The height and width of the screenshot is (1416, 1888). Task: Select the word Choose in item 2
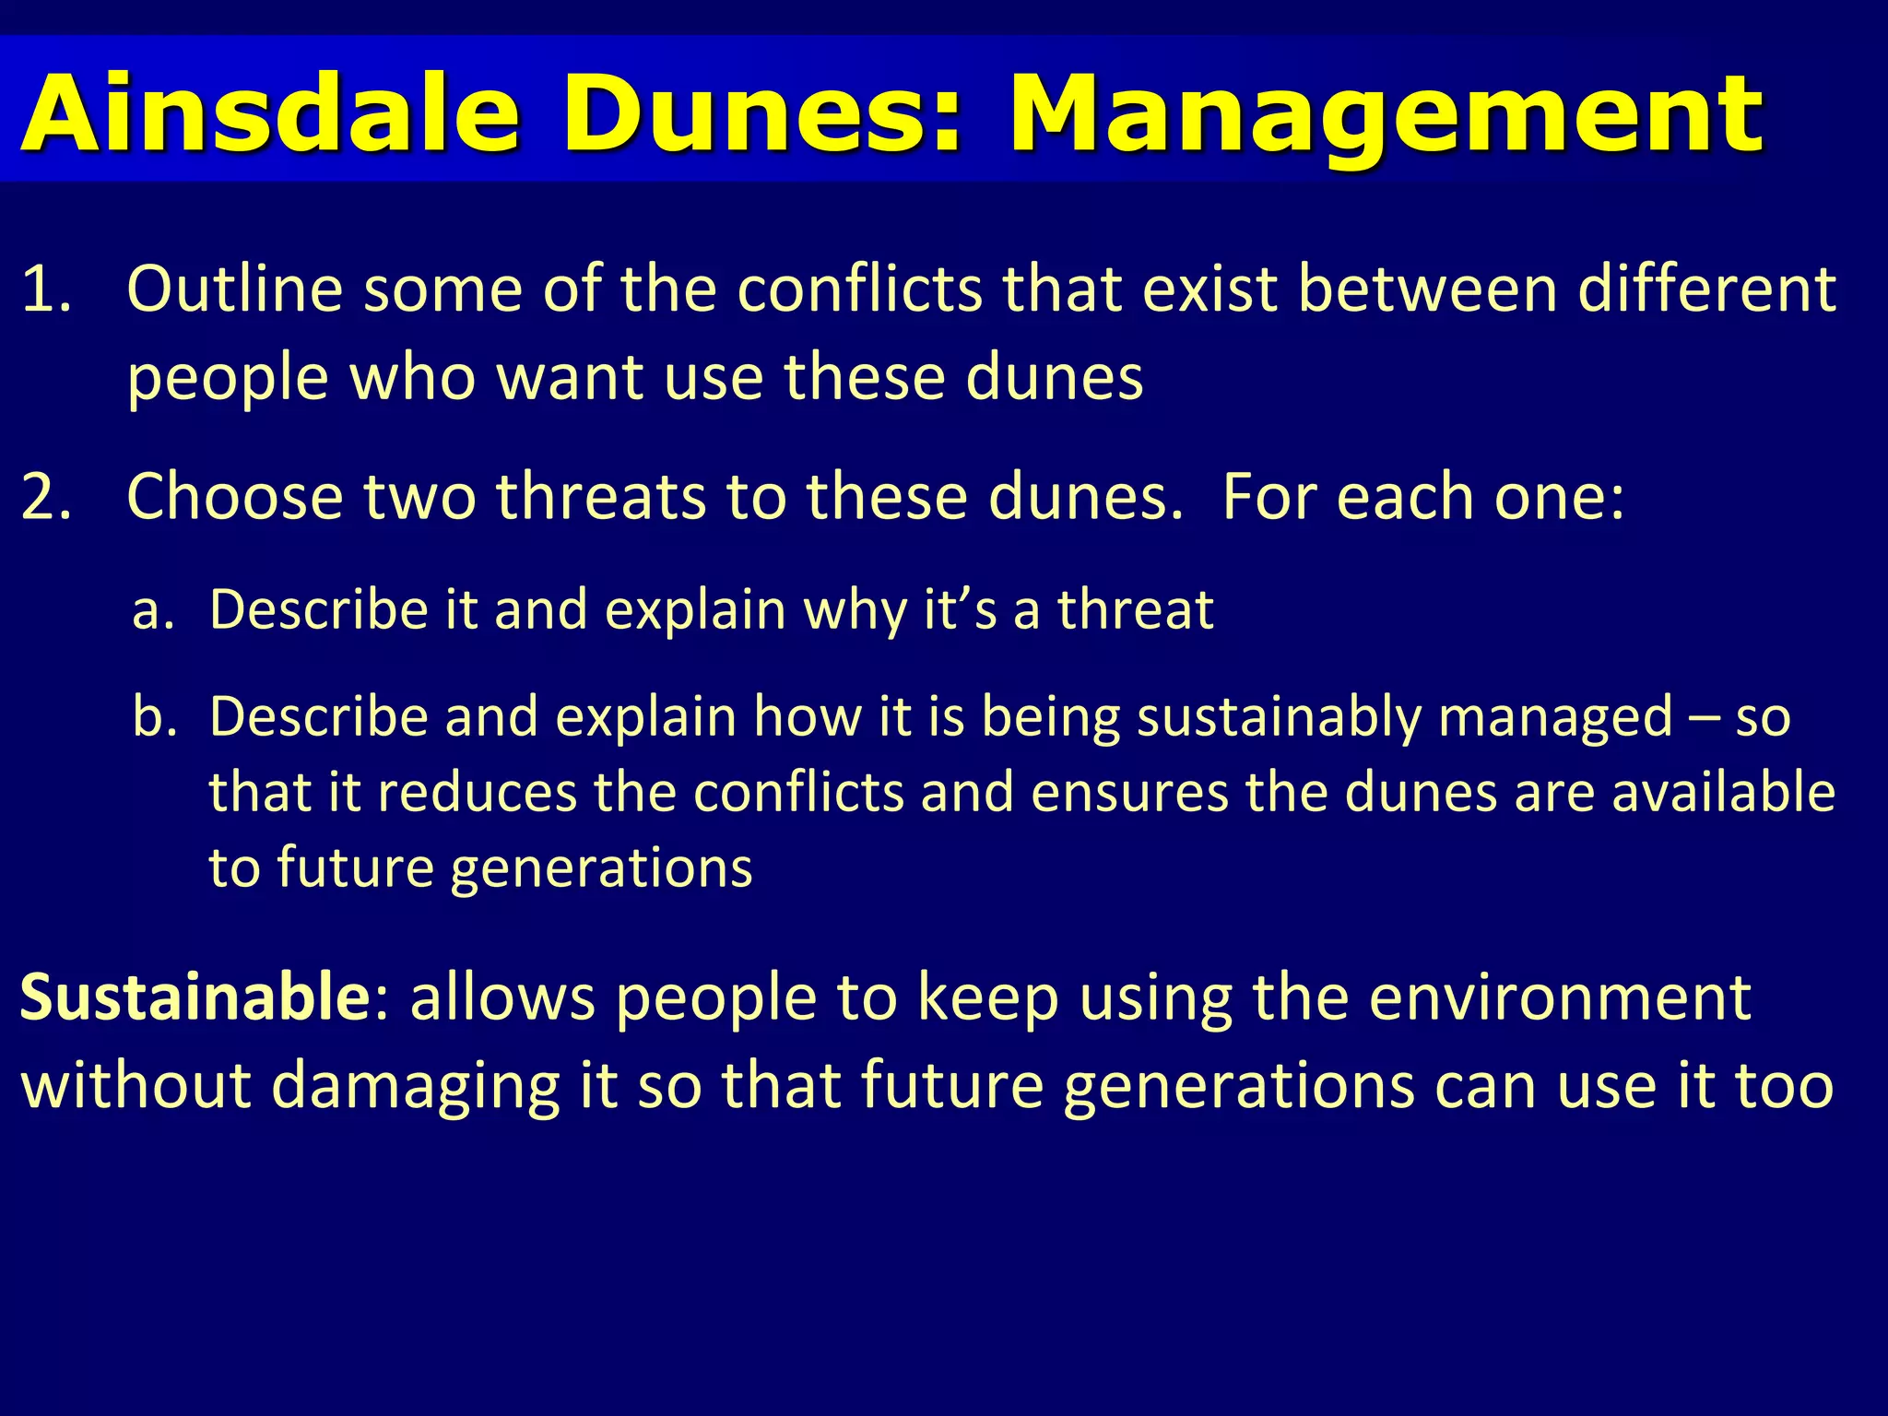point(234,498)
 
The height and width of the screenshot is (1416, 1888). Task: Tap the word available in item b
point(1723,794)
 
